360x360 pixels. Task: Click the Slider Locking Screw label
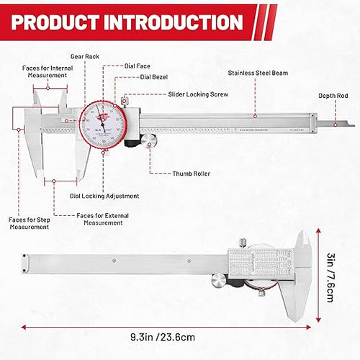(x=199, y=94)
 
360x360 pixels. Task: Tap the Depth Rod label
(x=333, y=96)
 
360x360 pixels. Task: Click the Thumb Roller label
(x=191, y=174)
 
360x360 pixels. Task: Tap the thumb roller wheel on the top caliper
(x=149, y=142)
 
